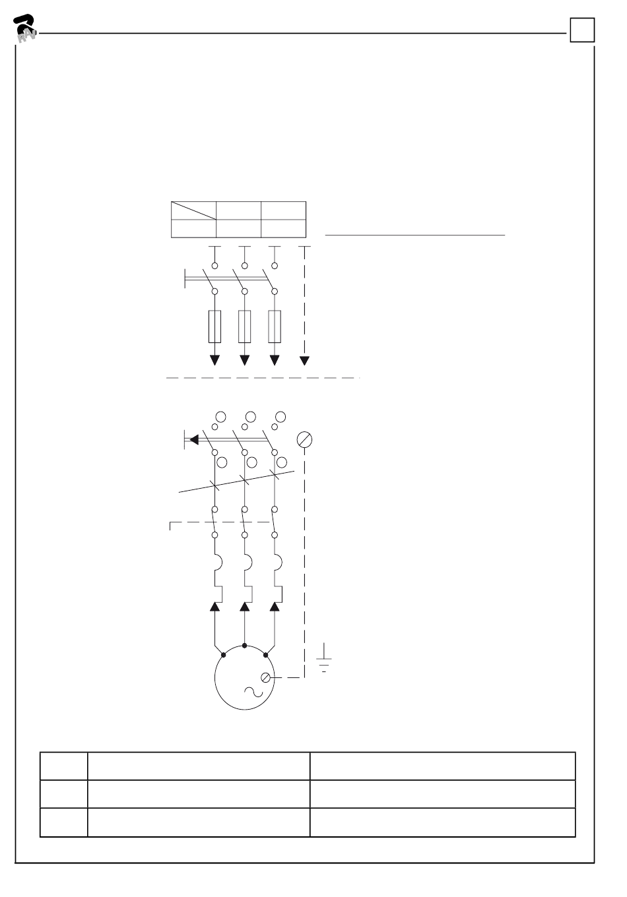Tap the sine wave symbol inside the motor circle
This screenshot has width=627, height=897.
(253, 691)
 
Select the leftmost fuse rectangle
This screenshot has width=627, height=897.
(214, 326)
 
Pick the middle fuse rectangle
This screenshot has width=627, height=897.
(245, 326)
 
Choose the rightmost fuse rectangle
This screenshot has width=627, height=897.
(275, 326)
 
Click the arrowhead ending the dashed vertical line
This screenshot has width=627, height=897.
(304, 360)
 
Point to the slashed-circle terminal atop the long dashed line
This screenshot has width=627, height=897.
(304, 440)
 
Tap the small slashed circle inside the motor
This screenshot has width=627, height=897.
(267, 677)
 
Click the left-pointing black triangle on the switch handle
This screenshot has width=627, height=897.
(193, 439)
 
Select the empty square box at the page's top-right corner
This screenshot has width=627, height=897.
(582, 30)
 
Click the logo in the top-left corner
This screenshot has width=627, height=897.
(25, 28)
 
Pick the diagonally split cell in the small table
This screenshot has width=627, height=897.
(193, 210)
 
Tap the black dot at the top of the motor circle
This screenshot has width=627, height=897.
(245, 646)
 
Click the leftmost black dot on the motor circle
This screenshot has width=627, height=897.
(223, 655)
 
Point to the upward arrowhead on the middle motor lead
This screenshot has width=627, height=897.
(245, 607)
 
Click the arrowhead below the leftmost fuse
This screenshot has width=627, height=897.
(214, 360)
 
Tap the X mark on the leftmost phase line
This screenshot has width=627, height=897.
(214, 485)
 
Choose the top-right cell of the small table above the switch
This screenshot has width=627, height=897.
(284, 210)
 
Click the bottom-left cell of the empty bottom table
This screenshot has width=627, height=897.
(64, 822)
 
